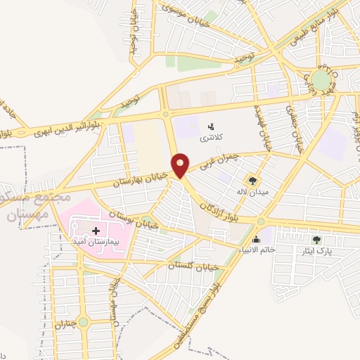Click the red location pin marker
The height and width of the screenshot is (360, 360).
(x=181, y=165)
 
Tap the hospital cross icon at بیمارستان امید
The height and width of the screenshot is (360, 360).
(x=96, y=229)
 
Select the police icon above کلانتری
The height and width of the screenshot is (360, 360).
(x=210, y=127)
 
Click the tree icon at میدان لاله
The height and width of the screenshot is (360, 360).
(x=253, y=181)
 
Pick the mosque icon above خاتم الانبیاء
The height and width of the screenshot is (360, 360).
(x=266, y=240)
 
